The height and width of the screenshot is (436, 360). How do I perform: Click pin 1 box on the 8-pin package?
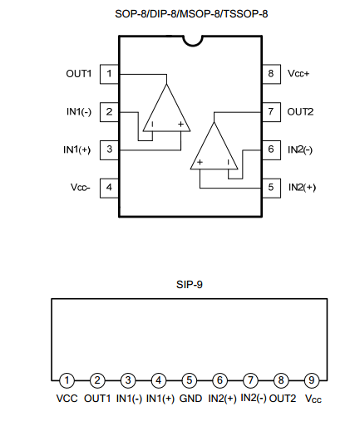(110, 74)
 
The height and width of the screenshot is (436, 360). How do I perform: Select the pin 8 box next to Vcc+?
(271, 74)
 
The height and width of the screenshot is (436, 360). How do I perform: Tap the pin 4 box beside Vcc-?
(110, 189)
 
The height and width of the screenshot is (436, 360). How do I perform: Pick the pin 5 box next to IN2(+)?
(271, 189)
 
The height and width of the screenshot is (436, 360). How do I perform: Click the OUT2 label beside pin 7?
(300, 112)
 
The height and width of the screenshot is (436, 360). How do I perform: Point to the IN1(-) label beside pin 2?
(79, 112)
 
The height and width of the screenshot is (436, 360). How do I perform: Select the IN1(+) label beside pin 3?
(77, 149)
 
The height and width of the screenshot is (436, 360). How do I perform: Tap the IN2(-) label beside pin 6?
(300, 149)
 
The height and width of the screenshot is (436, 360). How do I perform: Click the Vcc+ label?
(298, 74)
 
